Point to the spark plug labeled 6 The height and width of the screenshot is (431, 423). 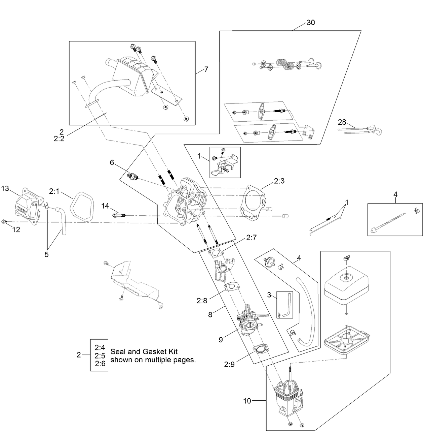tap(133, 177)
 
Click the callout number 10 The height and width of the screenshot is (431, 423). tap(247, 401)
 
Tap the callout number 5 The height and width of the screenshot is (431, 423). tap(46, 254)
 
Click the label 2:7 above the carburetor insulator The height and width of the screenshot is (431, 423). tap(251, 238)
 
